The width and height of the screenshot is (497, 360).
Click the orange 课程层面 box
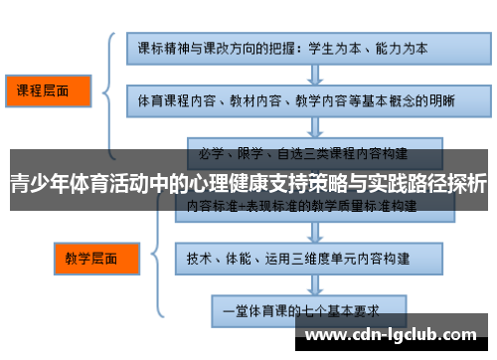coord(48,90)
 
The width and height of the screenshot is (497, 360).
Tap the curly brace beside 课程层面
coord(111,90)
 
